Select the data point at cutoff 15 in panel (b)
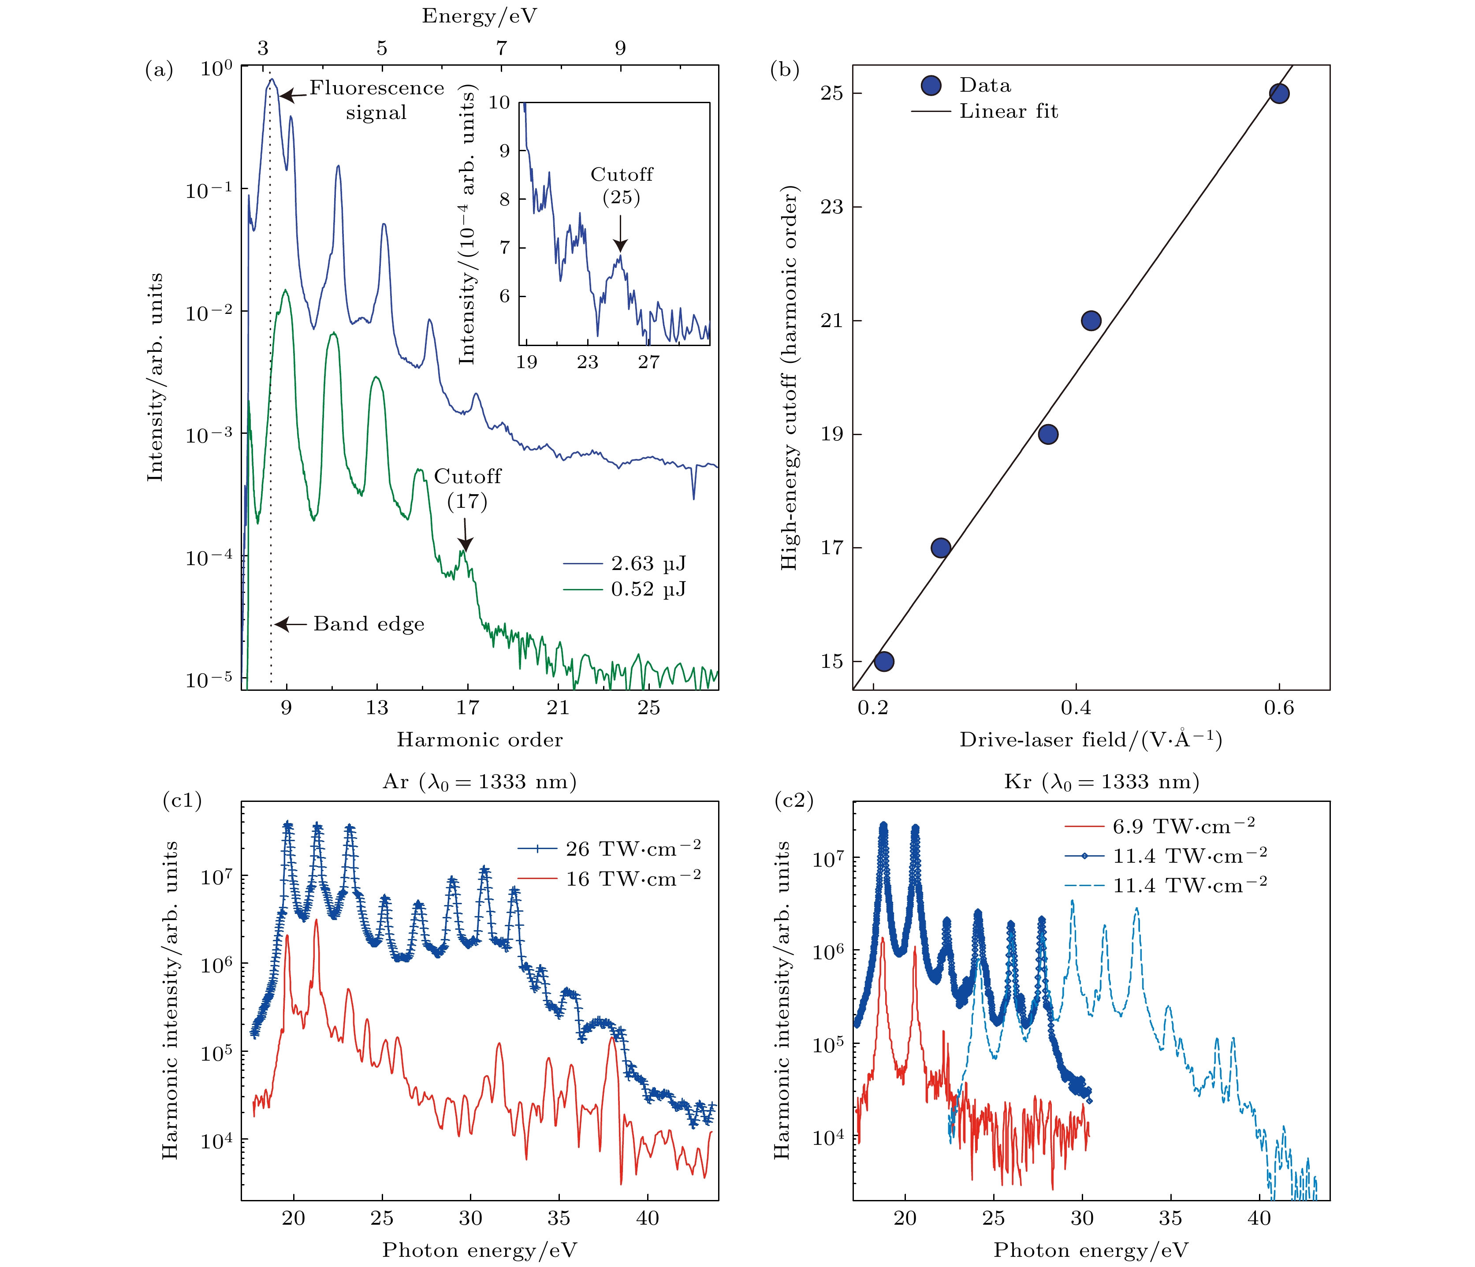coord(883,661)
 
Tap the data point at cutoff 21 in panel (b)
coord(1091,321)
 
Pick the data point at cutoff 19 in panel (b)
coord(1048,434)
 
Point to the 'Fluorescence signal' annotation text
coord(376,101)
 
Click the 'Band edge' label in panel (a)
coord(369,624)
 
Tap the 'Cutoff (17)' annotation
coord(468,489)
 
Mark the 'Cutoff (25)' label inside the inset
coord(622,186)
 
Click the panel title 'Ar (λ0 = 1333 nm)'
coord(479,782)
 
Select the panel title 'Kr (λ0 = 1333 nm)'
coord(1101,782)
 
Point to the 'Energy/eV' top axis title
coord(479,16)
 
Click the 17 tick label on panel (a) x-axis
coord(468,708)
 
